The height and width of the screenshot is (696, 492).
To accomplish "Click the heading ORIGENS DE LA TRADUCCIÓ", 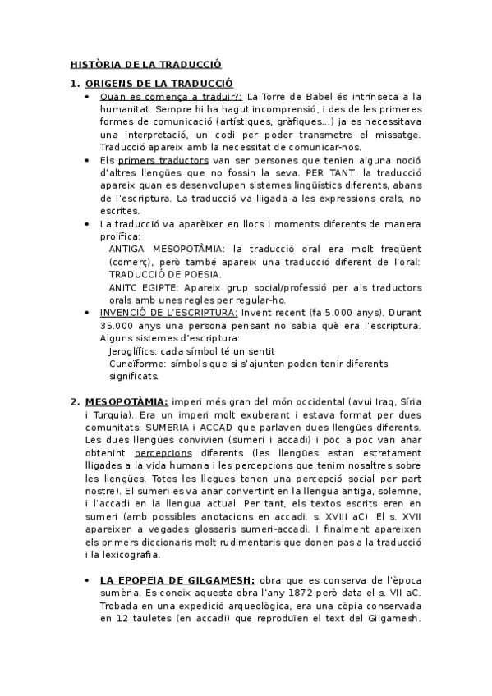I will tap(159, 83).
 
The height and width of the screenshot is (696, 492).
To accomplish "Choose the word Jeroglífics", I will tap(133, 350).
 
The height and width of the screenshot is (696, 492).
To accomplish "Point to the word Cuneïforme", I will tap(136, 363).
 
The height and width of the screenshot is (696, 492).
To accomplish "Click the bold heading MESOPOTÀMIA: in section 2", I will tap(126, 401).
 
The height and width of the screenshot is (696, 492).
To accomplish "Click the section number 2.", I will tap(74, 401).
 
